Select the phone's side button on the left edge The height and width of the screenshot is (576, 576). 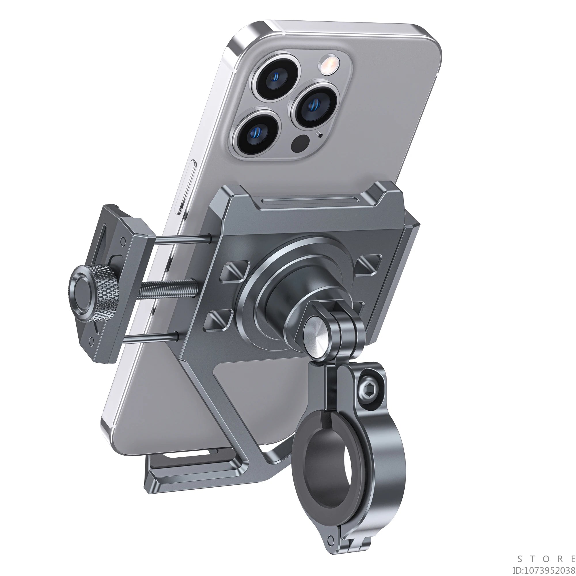[185, 186]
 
